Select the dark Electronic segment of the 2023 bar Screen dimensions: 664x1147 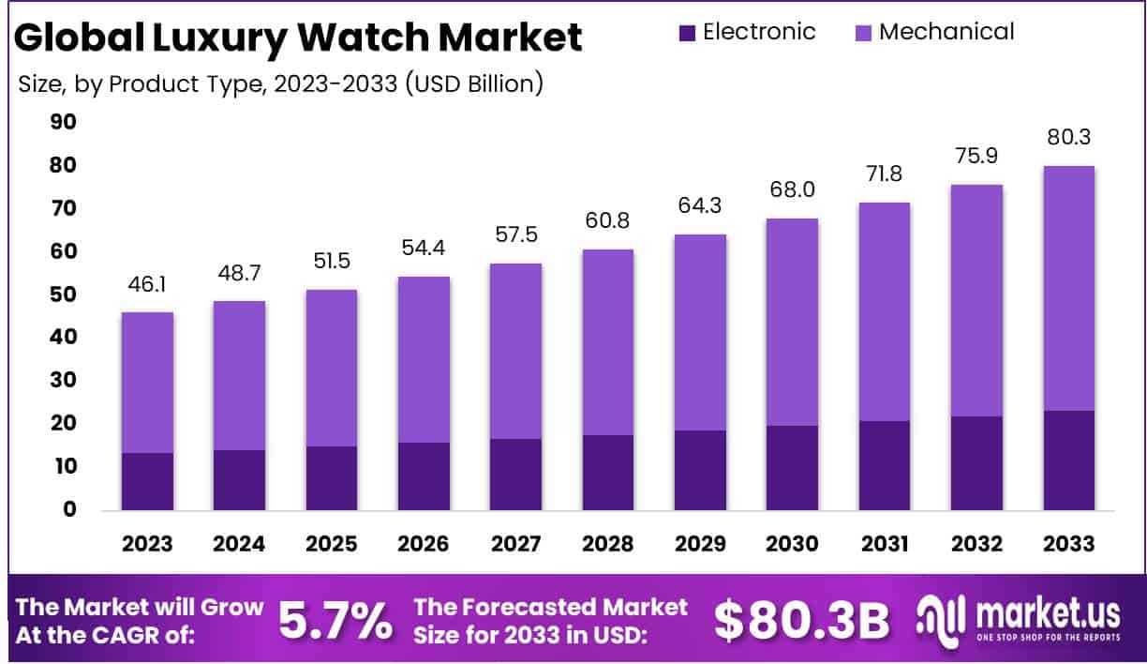pyautogui.click(x=147, y=481)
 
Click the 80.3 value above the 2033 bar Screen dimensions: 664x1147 pyautogui.click(x=1068, y=137)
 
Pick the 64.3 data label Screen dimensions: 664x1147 pyautogui.click(x=700, y=204)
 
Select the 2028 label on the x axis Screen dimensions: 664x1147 pyautogui.click(x=607, y=544)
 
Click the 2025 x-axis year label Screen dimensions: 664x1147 pyautogui.click(x=331, y=544)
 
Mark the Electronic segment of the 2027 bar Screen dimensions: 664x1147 pyautogui.click(x=515, y=474)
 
